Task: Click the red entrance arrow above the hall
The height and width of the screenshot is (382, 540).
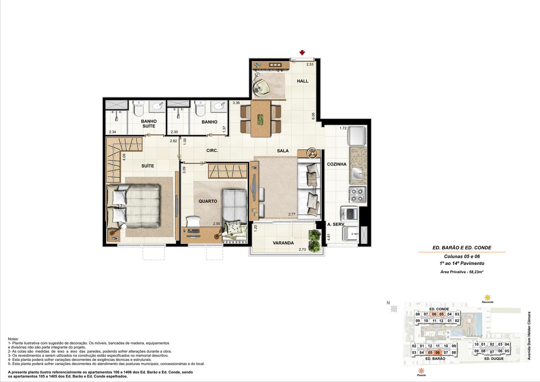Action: pos(302,53)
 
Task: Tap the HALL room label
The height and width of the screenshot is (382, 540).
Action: pos(303,81)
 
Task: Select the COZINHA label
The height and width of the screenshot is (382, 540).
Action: pos(337,164)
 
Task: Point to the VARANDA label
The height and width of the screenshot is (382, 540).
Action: pos(283,243)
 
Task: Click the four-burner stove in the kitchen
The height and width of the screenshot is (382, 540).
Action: pos(357,195)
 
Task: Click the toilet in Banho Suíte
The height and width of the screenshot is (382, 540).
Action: pos(139,109)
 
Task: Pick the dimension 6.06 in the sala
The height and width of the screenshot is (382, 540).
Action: pos(313,116)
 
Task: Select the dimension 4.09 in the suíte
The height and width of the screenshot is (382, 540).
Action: pos(124,157)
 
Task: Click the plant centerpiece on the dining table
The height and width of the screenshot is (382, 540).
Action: pos(261,120)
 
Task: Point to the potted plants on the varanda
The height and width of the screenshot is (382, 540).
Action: pos(315,241)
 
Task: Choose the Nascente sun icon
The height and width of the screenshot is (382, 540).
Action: pos(488,297)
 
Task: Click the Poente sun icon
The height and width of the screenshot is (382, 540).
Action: pos(421,371)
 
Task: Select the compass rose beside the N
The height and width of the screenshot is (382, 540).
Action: pos(394,309)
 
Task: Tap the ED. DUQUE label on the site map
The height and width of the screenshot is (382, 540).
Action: pos(494,359)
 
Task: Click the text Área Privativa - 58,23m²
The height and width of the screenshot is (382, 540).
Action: pos(462,272)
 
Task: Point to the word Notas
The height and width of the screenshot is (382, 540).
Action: pos(13,339)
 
